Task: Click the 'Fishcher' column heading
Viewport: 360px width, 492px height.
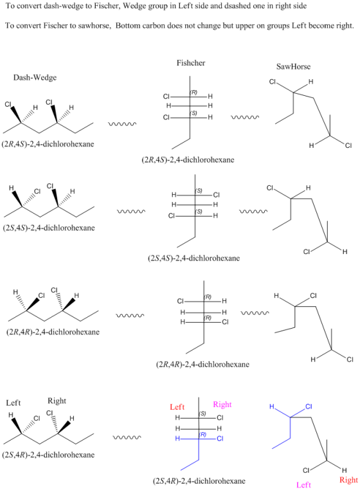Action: tap(191, 63)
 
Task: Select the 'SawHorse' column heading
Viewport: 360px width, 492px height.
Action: tap(293, 66)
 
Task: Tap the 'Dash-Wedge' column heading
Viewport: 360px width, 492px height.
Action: tap(35, 78)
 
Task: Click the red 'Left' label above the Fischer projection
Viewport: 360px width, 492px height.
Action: tap(177, 407)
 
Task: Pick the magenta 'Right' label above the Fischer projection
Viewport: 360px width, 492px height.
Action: tap(222, 405)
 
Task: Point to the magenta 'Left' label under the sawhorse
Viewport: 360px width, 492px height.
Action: tap(303, 485)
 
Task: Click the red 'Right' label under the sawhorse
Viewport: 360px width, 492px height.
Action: tap(348, 480)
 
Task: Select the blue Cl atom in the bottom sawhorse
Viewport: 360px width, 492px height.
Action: tap(309, 406)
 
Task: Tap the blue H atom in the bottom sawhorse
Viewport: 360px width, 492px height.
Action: tap(272, 406)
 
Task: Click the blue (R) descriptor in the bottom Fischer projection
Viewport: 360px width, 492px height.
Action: tap(203, 434)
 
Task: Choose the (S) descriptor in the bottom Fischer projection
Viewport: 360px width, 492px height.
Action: tap(203, 414)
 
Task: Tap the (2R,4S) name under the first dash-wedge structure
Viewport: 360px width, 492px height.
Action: tap(48, 144)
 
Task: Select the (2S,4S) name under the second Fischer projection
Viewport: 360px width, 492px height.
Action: tap(194, 259)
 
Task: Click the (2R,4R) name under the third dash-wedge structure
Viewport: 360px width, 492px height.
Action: tap(53, 332)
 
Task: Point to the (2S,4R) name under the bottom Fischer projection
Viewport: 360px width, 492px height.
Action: tap(199, 480)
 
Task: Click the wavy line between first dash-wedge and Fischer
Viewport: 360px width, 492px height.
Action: tap(122, 124)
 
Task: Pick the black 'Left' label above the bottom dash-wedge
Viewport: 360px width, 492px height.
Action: tap(13, 403)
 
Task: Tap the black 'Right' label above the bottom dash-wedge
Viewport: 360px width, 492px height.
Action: tap(57, 401)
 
